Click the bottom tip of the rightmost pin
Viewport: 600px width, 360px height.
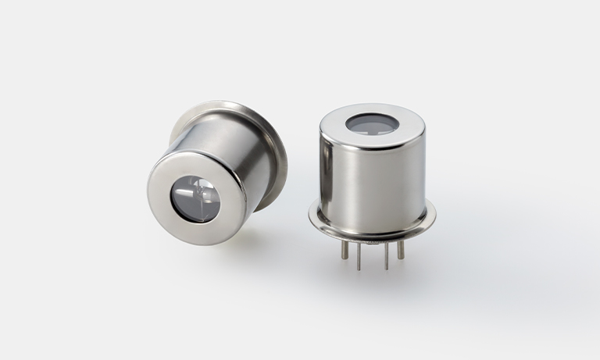pos(401,258)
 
